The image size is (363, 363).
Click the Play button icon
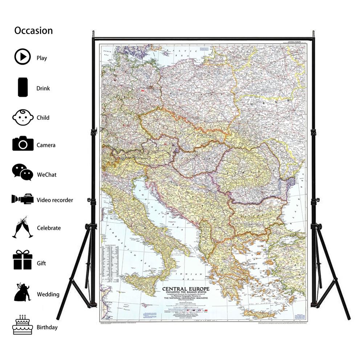pyautogui.click(x=23, y=57)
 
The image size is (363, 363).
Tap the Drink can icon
pyautogui.click(x=23, y=87)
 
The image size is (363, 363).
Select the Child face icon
pyautogui.click(x=23, y=117)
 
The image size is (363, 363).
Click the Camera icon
pyautogui.click(x=23, y=144)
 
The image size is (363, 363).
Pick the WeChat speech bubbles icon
pyautogui.click(x=23, y=172)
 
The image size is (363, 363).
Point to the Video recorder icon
pyautogui.click(x=23, y=199)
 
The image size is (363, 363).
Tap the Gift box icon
pyautogui.click(x=23, y=260)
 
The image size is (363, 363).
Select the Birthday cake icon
pyautogui.click(x=23, y=324)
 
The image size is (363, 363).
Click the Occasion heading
pyautogui.click(x=33, y=30)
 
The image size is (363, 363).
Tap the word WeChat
pyautogui.click(x=46, y=175)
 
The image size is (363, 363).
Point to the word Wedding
pyautogui.click(x=48, y=294)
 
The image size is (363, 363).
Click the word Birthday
pyautogui.click(x=47, y=327)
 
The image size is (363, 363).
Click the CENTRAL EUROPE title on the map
pyautogui.click(x=188, y=289)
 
